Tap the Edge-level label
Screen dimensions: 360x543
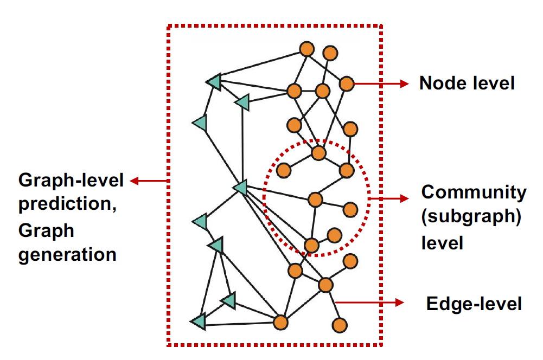pyautogui.click(x=474, y=304)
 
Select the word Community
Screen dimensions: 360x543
pyautogui.click(x=474, y=192)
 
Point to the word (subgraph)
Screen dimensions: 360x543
pyautogui.click(x=471, y=217)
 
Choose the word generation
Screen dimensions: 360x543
pyautogui.click(x=67, y=254)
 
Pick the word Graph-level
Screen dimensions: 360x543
pyautogui.click(x=71, y=181)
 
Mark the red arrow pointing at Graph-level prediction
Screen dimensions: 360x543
pyautogui.click(x=149, y=181)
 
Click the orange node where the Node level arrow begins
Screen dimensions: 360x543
pyautogui.click(x=347, y=84)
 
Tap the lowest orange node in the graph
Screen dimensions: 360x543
pyautogui.click(x=340, y=325)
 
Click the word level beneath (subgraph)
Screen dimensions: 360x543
pyautogui.click(x=442, y=242)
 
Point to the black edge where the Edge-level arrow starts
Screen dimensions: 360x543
pyautogui.click(x=333, y=303)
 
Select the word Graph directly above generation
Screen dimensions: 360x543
pyautogui.click(x=46, y=230)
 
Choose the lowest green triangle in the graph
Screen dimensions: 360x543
pyautogui.click(x=199, y=322)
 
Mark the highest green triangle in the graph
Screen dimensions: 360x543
pyautogui.click(x=214, y=82)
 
